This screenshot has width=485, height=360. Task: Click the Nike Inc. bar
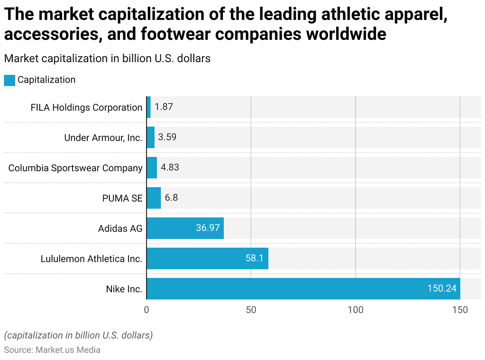tap(303, 288)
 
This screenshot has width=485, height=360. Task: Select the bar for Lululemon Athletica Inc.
tap(207, 258)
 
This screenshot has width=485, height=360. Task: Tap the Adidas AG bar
tap(185, 228)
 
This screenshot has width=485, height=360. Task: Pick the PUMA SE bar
tap(154, 198)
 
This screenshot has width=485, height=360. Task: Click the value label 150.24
tap(441, 288)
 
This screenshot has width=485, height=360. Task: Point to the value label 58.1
tap(254, 258)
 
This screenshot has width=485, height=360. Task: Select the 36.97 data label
tap(208, 228)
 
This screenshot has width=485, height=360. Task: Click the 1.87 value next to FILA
tap(164, 107)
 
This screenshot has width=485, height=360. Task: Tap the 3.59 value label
tap(167, 138)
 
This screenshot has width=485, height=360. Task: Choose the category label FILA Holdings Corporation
tap(86, 108)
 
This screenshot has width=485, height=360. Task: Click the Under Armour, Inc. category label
tap(103, 138)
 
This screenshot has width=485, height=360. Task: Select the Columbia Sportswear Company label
tap(75, 168)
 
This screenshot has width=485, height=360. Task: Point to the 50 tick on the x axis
tap(251, 310)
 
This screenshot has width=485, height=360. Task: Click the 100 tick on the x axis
tap(356, 310)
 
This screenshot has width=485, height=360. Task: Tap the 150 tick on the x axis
tap(460, 310)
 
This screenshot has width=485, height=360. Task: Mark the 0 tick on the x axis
tap(146, 310)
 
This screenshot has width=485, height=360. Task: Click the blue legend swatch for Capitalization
tap(9, 80)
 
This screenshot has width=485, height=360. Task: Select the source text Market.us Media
tap(67, 350)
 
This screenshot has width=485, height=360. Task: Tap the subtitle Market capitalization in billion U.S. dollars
tap(107, 58)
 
